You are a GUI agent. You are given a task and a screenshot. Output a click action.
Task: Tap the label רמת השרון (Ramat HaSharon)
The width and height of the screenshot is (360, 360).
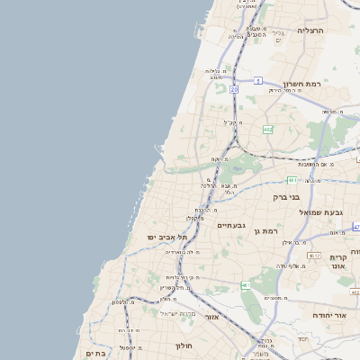[302, 85]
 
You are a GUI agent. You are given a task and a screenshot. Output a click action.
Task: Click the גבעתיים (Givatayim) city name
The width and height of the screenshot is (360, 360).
[232, 225]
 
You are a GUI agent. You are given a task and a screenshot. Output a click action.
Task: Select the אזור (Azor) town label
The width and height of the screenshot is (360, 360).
[212, 318]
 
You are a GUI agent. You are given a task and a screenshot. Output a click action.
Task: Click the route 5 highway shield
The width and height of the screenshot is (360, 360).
[256, 81]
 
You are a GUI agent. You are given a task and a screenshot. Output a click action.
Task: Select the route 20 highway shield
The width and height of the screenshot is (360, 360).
[234, 90]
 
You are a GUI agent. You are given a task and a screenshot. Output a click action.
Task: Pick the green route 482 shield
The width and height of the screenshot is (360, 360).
[267, 130]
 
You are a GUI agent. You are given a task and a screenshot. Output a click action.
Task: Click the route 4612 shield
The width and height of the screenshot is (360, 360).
[313, 256]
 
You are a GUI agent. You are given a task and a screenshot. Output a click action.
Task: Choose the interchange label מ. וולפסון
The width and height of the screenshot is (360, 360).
[125, 301]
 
